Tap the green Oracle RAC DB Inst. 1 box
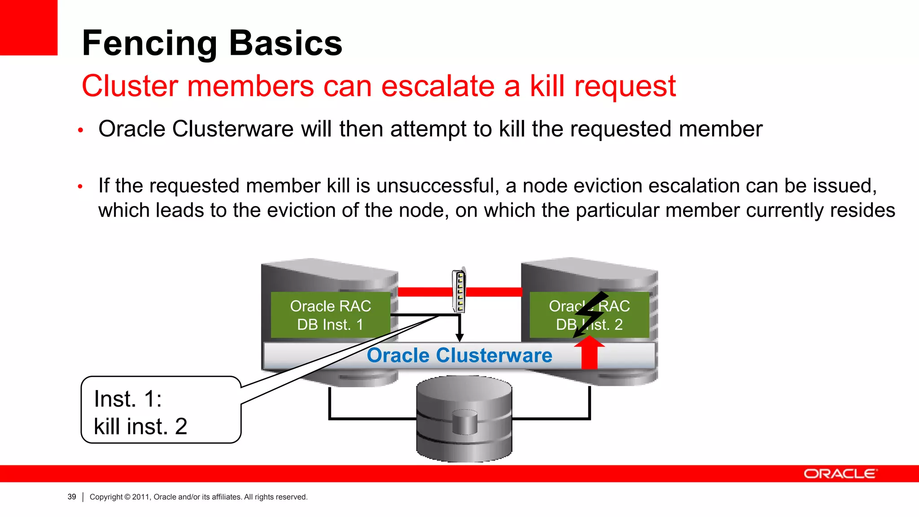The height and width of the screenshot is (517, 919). (330, 315)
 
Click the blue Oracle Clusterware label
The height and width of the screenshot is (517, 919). (459, 355)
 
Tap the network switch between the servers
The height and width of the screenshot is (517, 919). (459, 291)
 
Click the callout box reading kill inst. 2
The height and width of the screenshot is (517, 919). (161, 410)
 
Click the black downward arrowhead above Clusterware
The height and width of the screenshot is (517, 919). (459, 337)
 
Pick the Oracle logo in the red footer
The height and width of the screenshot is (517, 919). (840, 474)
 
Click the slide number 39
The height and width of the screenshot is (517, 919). (72, 497)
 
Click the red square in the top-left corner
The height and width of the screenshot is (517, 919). (28, 27)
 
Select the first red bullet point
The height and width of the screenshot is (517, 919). (81, 131)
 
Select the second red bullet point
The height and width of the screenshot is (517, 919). (80, 186)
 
